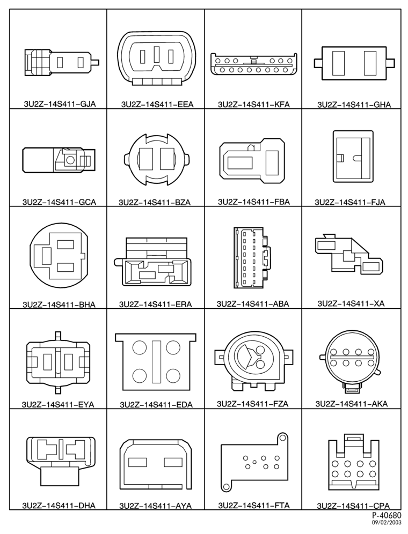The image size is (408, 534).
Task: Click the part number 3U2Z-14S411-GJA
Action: [60, 104]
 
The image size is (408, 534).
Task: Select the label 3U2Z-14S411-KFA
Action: [254, 104]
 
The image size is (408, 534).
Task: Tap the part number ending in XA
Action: [351, 303]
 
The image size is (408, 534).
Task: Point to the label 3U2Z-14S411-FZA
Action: [252, 404]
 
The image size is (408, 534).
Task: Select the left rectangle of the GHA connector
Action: [338, 63]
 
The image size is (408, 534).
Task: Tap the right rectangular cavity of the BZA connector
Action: [167, 159]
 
